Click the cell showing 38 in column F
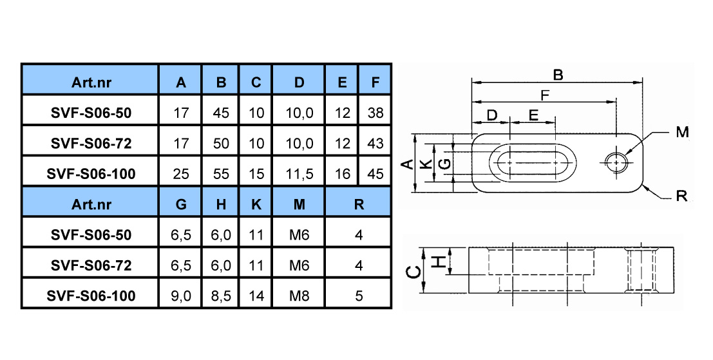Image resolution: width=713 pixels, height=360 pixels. (375, 113)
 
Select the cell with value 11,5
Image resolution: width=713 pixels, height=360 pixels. (299, 174)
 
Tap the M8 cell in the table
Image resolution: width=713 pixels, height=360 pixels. (299, 296)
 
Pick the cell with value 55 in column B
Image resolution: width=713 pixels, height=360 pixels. (221, 174)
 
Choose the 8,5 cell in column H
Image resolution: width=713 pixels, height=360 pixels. (221, 296)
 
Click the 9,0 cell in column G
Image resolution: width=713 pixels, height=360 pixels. (181, 296)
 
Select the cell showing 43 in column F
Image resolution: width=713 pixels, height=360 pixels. (375, 143)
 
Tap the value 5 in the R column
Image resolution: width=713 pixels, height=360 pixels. (359, 296)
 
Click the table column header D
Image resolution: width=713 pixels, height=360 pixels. (299, 82)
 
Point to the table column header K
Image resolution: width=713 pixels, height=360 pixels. (256, 205)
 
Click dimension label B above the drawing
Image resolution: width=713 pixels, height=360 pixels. (558, 75)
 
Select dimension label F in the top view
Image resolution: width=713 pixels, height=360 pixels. (544, 95)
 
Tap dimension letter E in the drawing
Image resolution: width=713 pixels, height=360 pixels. (533, 115)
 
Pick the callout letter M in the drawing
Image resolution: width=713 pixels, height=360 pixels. (682, 132)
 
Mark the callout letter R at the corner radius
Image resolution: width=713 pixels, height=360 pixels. (681, 196)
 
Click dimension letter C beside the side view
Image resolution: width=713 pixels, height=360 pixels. (413, 272)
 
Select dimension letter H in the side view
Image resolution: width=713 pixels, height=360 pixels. (438, 261)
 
